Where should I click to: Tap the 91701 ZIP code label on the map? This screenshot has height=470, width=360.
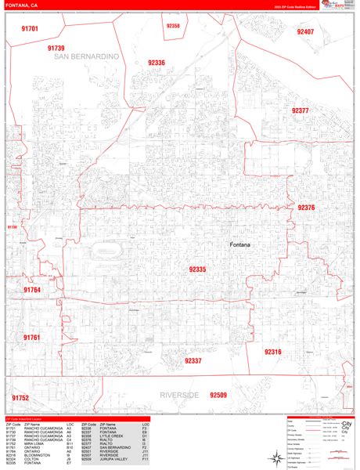[x=31, y=28]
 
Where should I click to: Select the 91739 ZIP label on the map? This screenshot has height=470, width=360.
[x=56, y=48]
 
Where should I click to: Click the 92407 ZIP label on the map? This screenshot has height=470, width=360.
[x=305, y=32]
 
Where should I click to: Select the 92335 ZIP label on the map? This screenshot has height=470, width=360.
[x=197, y=269]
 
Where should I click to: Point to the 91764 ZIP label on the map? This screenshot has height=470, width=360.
[x=31, y=289]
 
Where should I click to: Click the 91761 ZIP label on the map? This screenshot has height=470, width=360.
[x=31, y=337]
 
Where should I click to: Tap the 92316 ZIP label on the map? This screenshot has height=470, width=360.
[x=272, y=352]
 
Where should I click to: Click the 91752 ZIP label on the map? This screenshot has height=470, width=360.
[x=20, y=398]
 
